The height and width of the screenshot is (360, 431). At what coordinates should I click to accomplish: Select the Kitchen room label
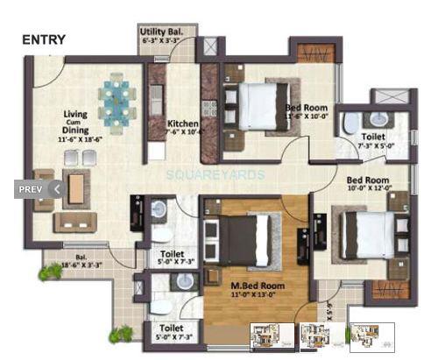[182, 124]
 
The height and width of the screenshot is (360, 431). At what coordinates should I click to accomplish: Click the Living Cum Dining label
[80, 127]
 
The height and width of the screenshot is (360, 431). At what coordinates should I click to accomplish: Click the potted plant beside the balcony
[50, 272]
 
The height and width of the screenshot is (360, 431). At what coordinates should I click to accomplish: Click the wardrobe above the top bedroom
[311, 53]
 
